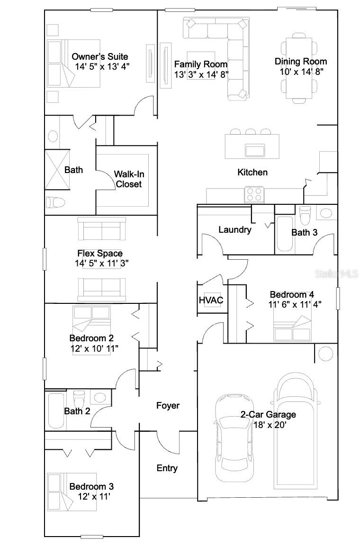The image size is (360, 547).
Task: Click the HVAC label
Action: point(211,301)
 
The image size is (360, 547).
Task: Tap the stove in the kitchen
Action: point(253,194)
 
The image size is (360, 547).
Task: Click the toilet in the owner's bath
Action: point(55,203)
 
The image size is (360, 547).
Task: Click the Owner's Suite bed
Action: point(73,64)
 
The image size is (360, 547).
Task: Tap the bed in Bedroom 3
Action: point(71,492)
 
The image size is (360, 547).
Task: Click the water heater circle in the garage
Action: point(325,354)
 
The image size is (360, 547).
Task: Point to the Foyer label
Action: point(168,406)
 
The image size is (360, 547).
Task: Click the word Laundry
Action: point(234,230)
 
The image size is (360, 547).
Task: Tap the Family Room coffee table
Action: point(201,65)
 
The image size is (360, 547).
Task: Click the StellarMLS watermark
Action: point(339,274)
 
